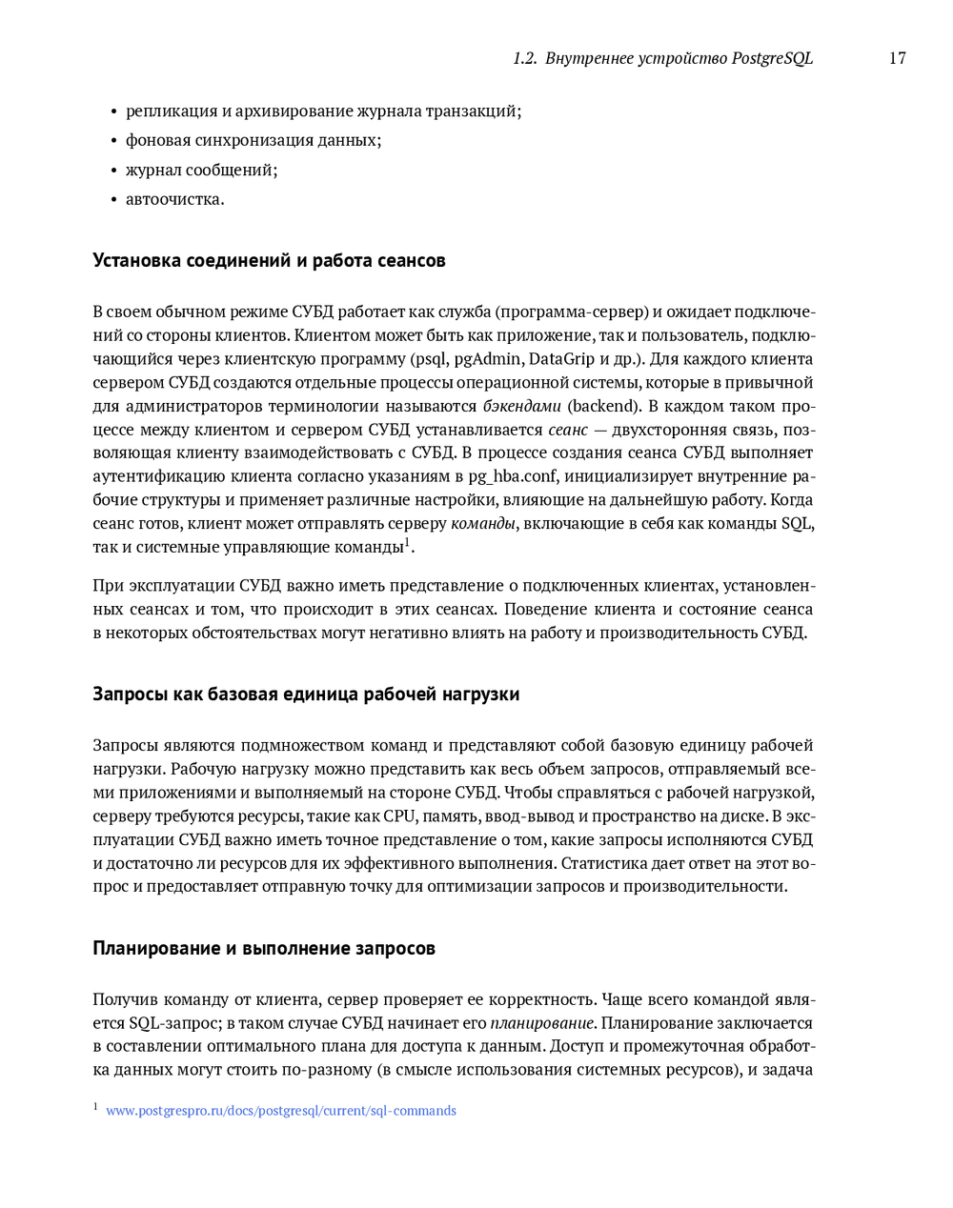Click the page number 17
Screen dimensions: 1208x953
[897, 58]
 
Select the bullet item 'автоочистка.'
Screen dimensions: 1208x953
[175, 199]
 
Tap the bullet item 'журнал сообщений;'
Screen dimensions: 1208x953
[201, 170]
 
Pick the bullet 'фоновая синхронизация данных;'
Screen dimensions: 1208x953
[253, 140]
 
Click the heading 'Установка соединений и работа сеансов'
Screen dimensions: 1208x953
[269, 260]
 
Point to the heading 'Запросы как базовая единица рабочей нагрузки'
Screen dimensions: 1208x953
[306, 694]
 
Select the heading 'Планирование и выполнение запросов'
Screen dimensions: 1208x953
[264, 948]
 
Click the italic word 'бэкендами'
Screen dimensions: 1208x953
[521, 406]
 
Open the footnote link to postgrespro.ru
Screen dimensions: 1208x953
[280, 1111]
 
